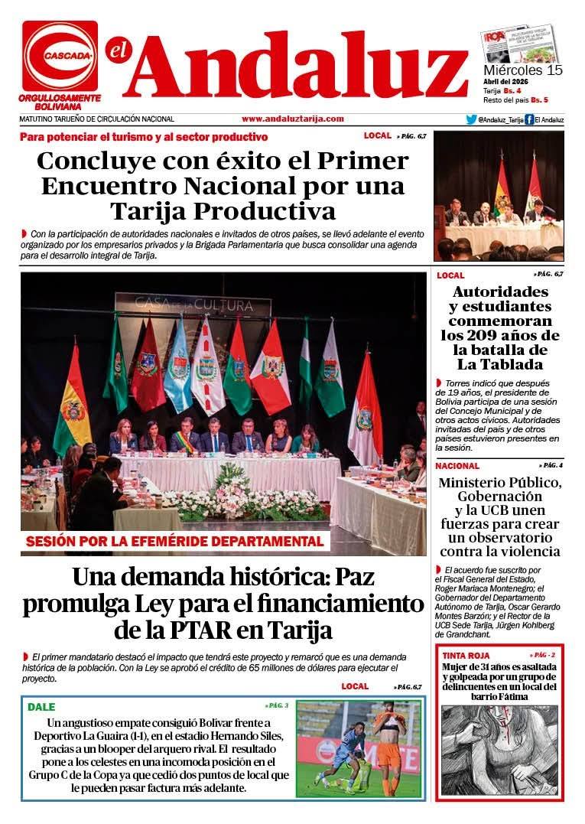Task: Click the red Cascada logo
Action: click(60, 56)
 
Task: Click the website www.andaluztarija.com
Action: click(292, 119)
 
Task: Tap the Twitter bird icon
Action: click(471, 119)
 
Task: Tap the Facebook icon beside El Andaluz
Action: click(528, 119)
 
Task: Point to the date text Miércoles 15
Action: click(523, 70)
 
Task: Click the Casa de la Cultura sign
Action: click(193, 305)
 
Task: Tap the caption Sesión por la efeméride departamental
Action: click(175, 542)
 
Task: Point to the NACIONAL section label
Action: click(457, 465)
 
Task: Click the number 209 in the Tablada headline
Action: click(503, 335)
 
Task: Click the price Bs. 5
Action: click(540, 100)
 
